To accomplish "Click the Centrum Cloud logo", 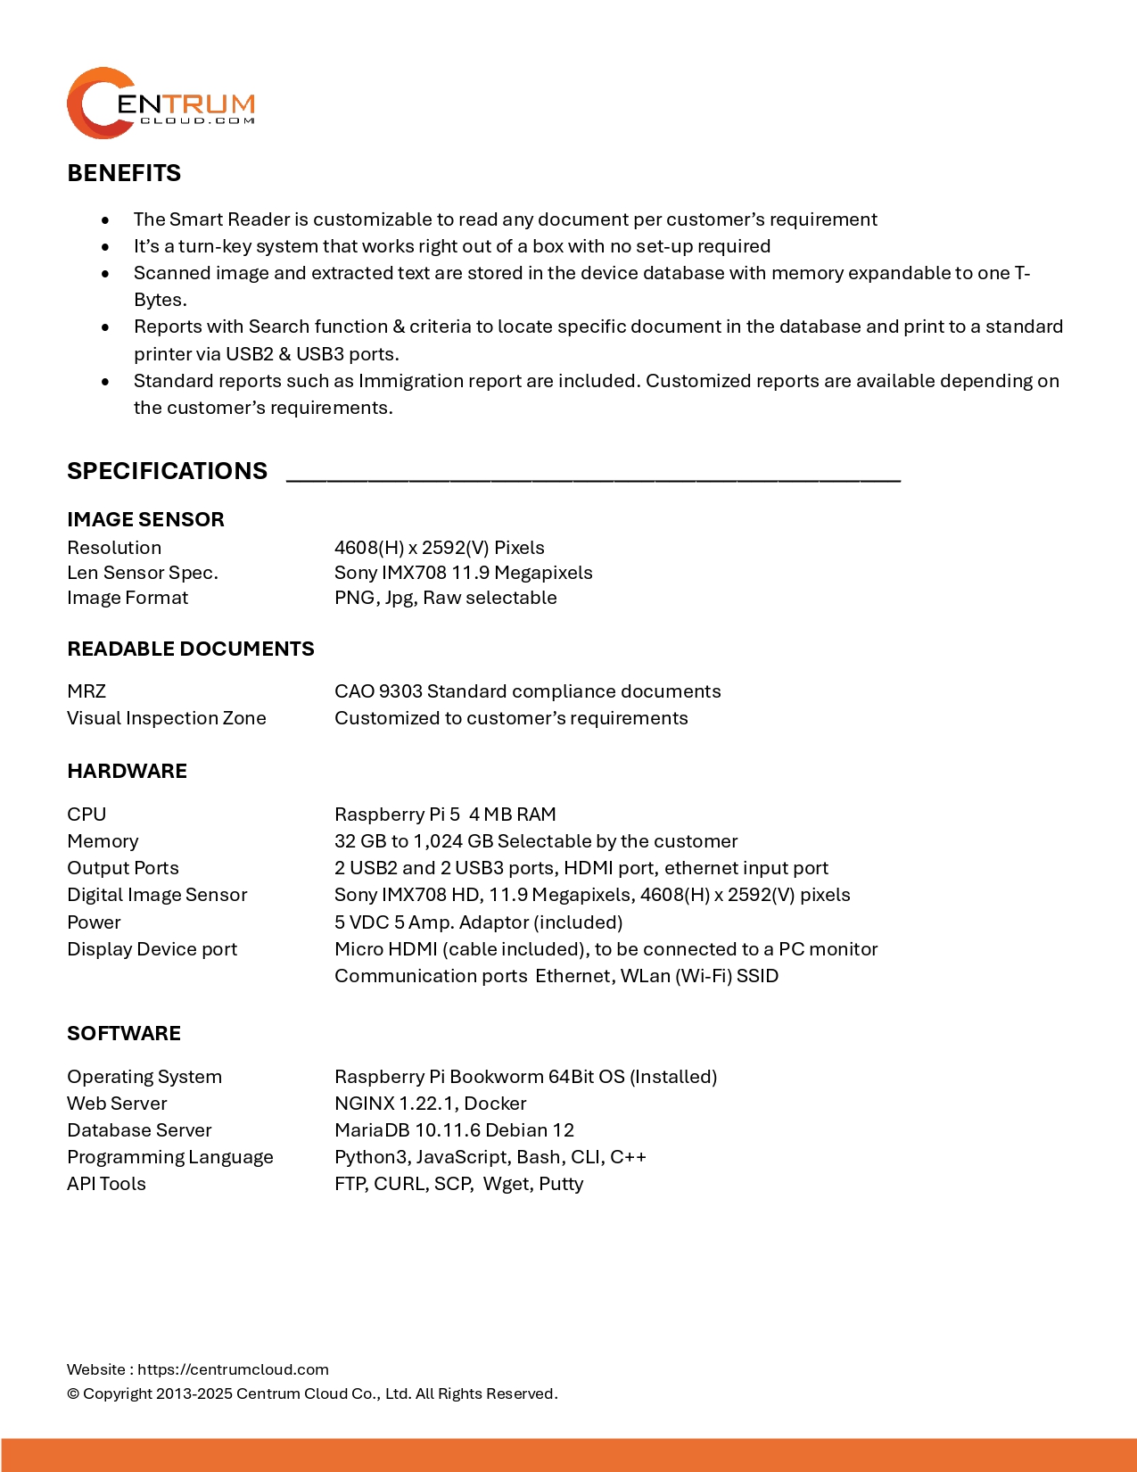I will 161,103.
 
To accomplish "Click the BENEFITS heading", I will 124,173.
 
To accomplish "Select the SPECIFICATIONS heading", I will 167,471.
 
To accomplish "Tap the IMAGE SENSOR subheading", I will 145,519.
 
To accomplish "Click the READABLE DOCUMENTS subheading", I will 190,649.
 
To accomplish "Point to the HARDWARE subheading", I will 127,771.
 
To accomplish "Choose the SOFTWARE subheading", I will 124,1033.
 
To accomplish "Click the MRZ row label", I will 87,691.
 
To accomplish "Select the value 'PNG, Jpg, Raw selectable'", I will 445,598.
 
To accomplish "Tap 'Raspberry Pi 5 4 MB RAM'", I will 445,815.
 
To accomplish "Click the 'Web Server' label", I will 117,1104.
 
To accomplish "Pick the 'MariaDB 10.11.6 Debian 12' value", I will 454,1130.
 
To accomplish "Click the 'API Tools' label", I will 106,1184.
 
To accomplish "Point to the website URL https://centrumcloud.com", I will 233,1369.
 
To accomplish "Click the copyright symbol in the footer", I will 73,1394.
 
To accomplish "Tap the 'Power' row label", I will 94,922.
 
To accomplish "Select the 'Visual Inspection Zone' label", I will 166,718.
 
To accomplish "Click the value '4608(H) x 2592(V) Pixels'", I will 439,548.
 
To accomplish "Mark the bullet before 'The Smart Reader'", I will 106,220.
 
